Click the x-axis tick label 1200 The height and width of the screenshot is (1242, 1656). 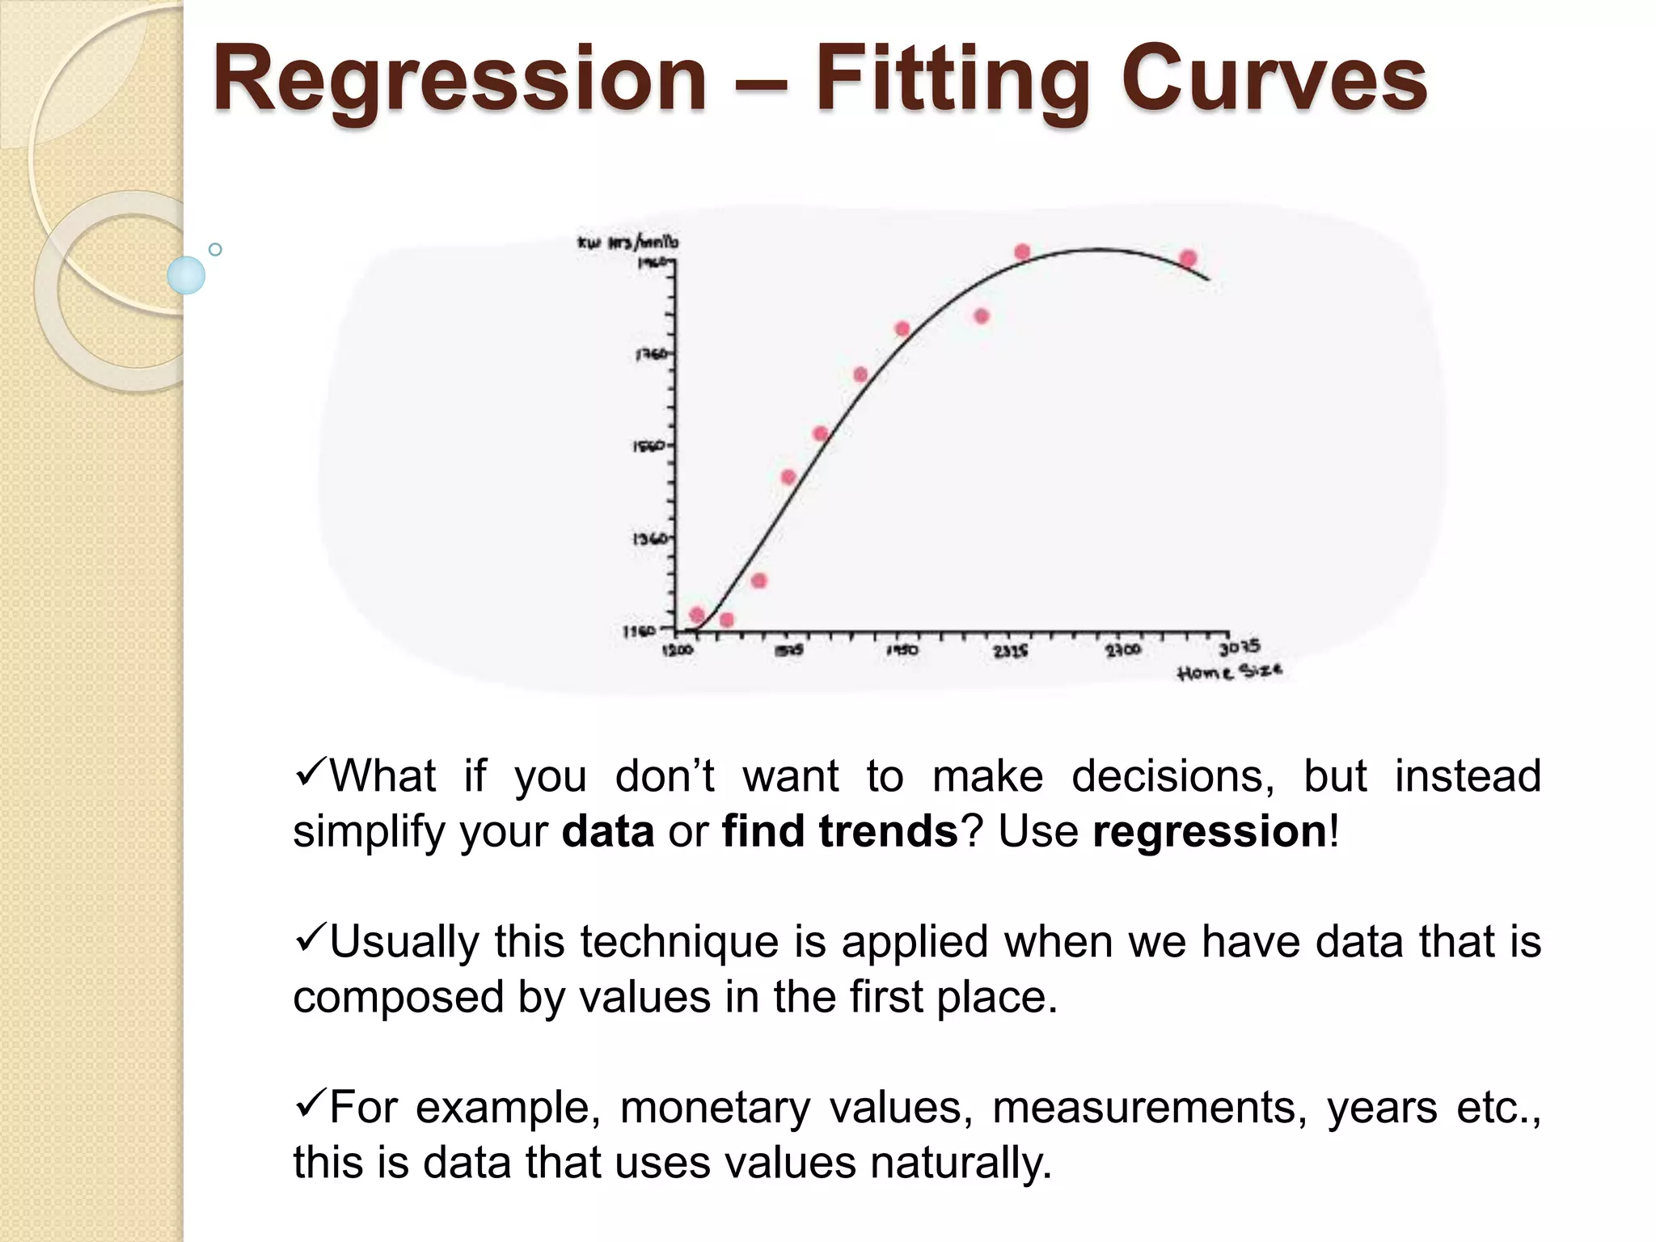[678, 650]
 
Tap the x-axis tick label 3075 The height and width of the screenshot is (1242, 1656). [1239, 647]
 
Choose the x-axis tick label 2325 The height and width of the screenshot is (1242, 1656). [1011, 650]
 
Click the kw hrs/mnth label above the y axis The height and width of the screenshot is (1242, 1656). [628, 242]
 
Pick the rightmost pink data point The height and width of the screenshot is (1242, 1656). [1188, 259]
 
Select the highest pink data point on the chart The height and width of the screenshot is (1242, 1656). [1022, 252]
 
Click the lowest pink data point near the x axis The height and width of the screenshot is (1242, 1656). [726, 620]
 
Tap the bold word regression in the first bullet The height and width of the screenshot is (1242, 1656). [1210, 831]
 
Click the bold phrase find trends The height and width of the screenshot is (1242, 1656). [839, 831]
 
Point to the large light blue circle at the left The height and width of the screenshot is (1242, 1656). [186, 275]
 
